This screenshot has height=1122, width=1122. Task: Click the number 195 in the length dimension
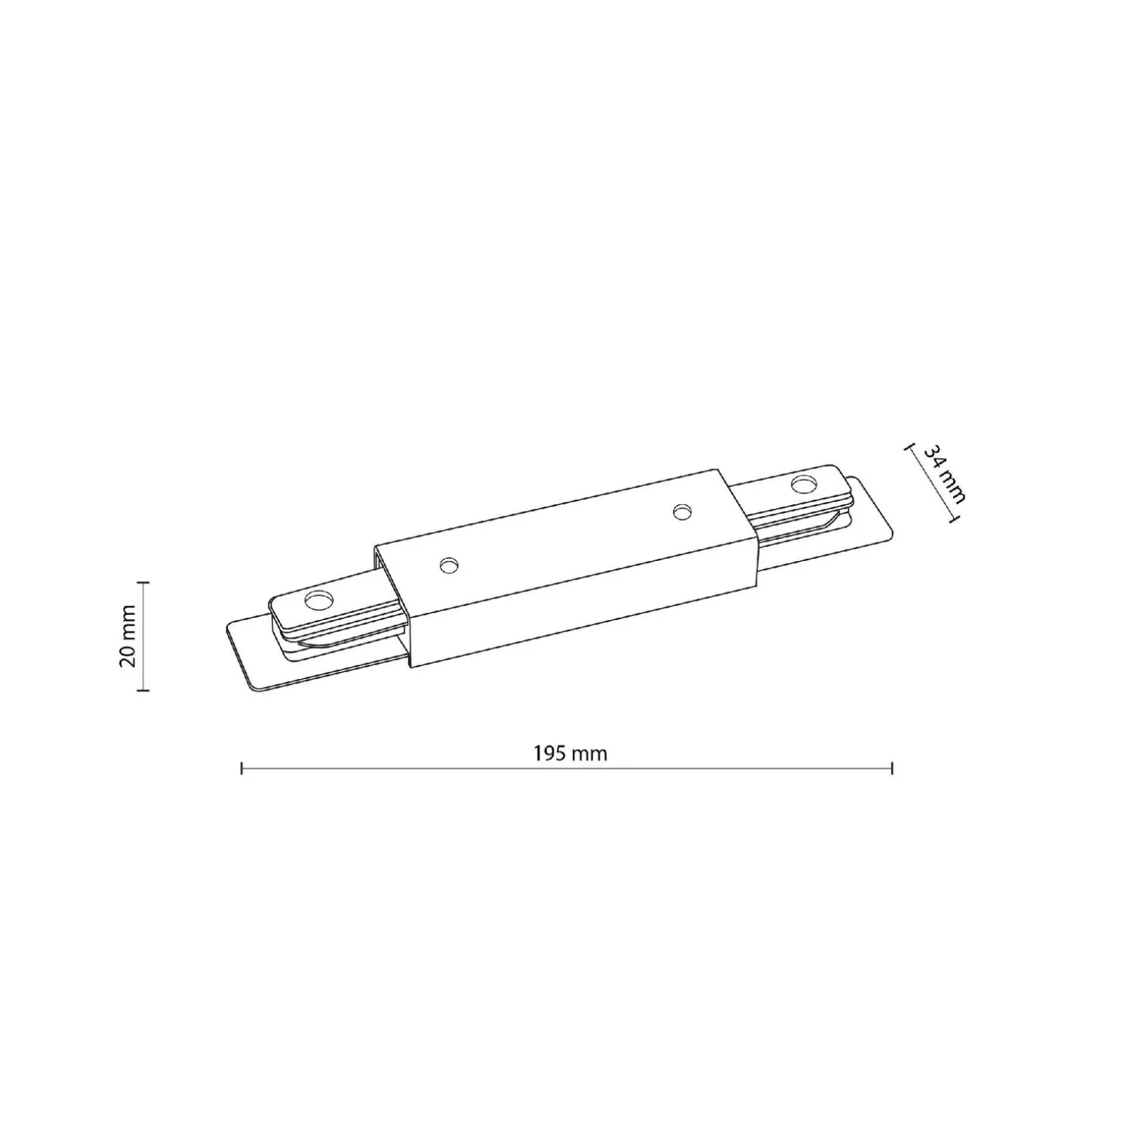click(x=550, y=753)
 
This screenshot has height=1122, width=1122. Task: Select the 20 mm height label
click(x=128, y=635)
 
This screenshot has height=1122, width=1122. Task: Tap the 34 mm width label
click(x=944, y=474)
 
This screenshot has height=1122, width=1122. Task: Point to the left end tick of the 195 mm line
click(x=242, y=767)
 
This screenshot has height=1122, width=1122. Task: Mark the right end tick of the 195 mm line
click(x=892, y=767)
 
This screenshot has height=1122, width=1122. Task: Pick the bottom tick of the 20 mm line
click(x=143, y=689)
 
